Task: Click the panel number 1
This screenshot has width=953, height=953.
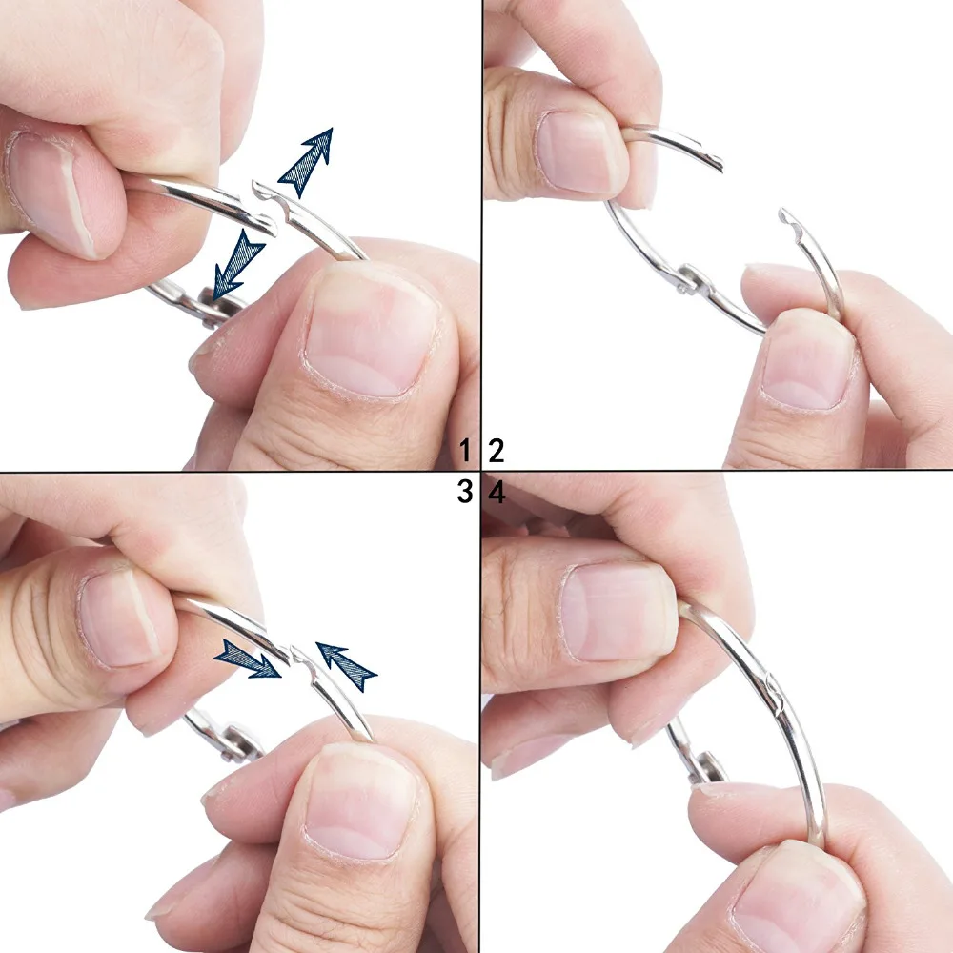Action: pyautogui.click(x=464, y=450)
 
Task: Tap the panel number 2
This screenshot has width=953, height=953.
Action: pyautogui.click(x=497, y=450)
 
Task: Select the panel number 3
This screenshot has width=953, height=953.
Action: pyautogui.click(x=464, y=492)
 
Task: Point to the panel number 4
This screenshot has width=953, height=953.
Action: pyautogui.click(x=497, y=493)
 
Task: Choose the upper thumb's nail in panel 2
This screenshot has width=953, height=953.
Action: pyautogui.click(x=578, y=152)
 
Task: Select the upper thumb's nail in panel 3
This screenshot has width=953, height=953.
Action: pyautogui.click(x=119, y=619)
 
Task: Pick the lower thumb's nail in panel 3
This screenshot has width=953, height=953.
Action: pyautogui.click(x=362, y=801)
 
